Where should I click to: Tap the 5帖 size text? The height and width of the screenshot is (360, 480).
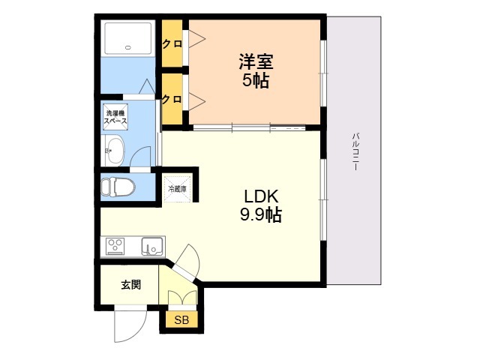(256, 80)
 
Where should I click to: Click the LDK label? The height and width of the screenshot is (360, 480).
(261, 196)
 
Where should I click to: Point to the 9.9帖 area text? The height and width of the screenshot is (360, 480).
(261, 215)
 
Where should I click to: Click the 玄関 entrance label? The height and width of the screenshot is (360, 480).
(130, 286)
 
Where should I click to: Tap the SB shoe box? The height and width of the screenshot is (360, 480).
(181, 320)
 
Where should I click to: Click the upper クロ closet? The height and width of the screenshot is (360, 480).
(172, 43)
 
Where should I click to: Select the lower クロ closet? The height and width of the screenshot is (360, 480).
(172, 99)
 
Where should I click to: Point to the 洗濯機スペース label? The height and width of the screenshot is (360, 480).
(116, 117)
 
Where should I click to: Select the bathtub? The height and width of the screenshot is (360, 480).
(128, 37)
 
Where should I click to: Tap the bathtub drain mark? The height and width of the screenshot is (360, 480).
(128, 47)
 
